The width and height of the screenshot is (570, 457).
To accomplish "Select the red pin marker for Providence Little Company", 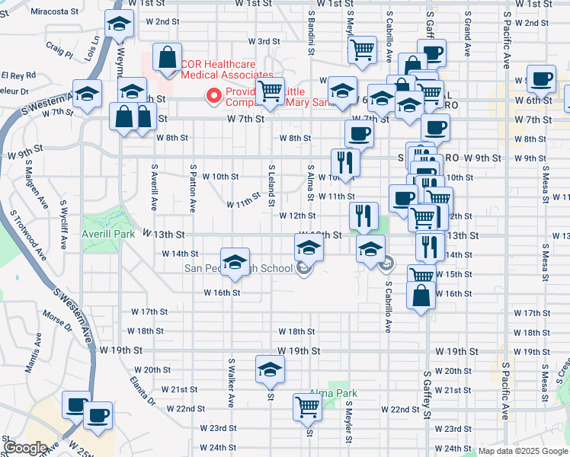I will pyautogui.click(x=214, y=96).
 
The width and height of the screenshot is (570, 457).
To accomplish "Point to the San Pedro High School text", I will pyautogui.click(x=239, y=268).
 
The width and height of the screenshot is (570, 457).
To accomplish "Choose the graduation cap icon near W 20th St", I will pyautogui.click(x=270, y=369).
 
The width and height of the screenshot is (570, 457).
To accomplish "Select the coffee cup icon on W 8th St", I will pyautogui.click(x=359, y=133).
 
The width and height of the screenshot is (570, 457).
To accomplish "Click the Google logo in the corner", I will pyautogui.click(x=25, y=448).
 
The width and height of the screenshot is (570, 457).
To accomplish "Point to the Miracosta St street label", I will pyautogui.click(x=55, y=12).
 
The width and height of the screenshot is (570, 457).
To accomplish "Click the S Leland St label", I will pyautogui.click(x=270, y=185).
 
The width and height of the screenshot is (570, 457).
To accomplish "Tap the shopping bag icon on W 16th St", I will pyautogui.click(x=421, y=294).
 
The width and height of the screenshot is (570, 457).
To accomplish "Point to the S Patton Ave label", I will pyautogui.click(x=193, y=188).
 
